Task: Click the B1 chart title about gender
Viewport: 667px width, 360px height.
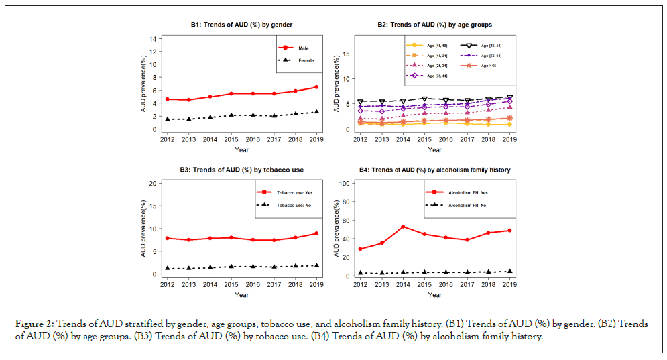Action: [x=241, y=25]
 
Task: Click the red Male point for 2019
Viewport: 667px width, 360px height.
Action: [x=316, y=87]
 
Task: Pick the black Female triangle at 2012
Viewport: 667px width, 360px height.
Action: [x=166, y=119]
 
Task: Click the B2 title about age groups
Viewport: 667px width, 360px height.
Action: [x=434, y=25]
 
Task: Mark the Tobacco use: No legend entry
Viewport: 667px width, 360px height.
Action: [x=295, y=205]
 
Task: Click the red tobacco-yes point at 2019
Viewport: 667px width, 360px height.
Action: [x=316, y=233]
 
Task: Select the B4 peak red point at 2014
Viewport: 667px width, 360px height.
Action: [x=402, y=227]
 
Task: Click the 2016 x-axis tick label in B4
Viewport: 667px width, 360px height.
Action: [x=445, y=285]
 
